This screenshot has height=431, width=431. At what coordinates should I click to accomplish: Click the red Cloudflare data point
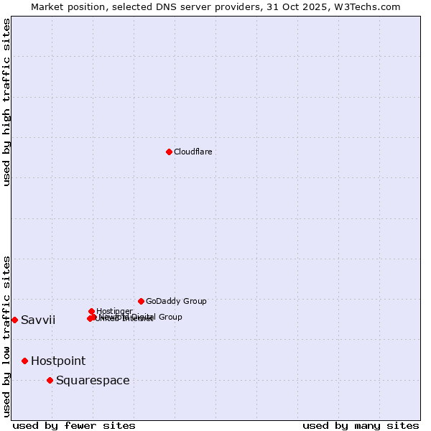(169, 152)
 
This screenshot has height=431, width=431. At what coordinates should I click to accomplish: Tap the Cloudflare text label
(193, 152)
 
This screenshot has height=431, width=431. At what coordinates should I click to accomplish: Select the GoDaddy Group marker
(141, 301)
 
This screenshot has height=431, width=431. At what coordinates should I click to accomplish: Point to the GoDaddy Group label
(176, 301)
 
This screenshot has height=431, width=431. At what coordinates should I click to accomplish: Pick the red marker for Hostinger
(91, 311)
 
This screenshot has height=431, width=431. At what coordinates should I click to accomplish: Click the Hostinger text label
(114, 311)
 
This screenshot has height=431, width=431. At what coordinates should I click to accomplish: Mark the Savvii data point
(14, 320)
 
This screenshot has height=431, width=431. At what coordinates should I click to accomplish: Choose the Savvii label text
(38, 320)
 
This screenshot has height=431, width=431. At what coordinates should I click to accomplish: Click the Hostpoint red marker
(24, 361)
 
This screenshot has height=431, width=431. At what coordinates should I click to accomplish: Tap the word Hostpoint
(58, 361)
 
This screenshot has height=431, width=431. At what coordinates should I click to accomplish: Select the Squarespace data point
(50, 380)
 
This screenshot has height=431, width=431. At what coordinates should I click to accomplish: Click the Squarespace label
(93, 380)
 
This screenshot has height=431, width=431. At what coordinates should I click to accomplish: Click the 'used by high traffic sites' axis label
(6, 102)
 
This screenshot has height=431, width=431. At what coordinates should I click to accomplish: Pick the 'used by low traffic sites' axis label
(6, 335)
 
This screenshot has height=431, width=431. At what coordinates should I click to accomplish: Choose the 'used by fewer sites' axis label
(74, 425)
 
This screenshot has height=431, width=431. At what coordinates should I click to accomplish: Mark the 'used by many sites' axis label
(361, 425)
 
